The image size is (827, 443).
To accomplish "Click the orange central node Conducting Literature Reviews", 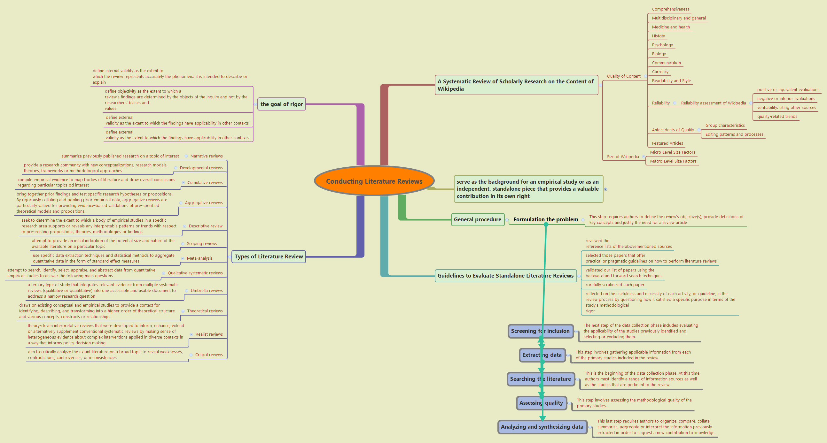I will pyautogui.click(x=374, y=181).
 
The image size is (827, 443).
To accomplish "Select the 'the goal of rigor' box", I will pyautogui.click(x=282, y=104).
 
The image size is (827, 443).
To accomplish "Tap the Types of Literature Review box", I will pyautogui.click(x=269, y=256).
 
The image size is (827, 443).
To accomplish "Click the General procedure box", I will pyautogui.click(x=477, y=220).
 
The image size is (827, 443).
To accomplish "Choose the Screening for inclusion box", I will pyautogui.click(x=540, y=331).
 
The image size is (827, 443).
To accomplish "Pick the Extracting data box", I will pyautogui.click(x=542, y=355).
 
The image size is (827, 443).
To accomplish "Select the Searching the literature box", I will pyautogui.click(x=540, y=379).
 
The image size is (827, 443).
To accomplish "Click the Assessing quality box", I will pyautogui.click(x=541, y=403).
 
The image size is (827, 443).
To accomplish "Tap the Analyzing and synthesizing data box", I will pyautogui.click(x=542, y=427).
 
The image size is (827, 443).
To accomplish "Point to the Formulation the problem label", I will pyautogui.click(x=545, y=220).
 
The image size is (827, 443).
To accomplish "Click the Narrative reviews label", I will pyautogui.click(x=207, y=156).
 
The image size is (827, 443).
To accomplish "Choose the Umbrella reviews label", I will pyautogui.click(x=207, y=291).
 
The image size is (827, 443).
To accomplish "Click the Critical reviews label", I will pyautogui.click(x=209, y=355).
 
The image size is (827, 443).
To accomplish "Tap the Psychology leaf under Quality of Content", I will pyautogui.click(x=662, y=45).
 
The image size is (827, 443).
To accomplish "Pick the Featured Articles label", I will pyautogui.click(x=667, y=143).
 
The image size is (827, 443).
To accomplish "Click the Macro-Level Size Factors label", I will pyautogui.click(x=673, y=161).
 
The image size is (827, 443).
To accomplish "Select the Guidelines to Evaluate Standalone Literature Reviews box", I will pyautogui.click(x=505, y=276).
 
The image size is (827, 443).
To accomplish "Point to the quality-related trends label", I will pyautogui.click(x=777, y=117).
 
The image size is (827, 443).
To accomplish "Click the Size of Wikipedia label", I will pyautogui.click(x=622, y=157).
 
